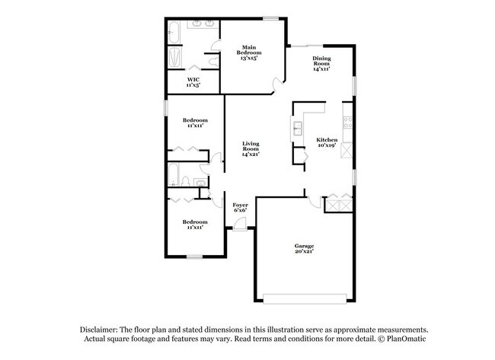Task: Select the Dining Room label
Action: (321, 61)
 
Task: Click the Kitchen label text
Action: (327, 140)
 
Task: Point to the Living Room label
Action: (251, 145)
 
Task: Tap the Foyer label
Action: (240, 205)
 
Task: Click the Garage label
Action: (305, 245)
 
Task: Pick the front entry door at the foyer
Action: (239, 224)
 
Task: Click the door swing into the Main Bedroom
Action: (279, 81)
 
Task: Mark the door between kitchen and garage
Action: (314, 199)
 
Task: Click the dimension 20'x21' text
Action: (305, 251)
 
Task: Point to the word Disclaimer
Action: (101, 329)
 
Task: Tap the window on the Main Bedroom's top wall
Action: (270, 18)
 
